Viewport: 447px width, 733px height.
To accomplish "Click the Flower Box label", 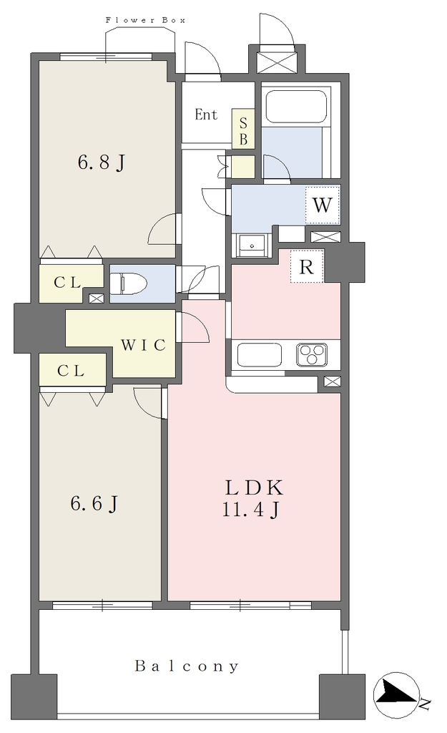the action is pos(145,20).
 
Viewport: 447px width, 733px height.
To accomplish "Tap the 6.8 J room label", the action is pos(101,162).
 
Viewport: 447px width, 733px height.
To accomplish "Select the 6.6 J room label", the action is pos(94,503).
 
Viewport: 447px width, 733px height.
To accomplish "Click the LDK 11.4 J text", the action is pos(254,498).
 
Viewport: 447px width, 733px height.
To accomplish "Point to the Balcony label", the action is pos(187,666).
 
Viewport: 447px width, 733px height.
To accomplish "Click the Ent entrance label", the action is pos(206,114).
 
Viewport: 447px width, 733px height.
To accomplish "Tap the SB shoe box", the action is pos(243,132).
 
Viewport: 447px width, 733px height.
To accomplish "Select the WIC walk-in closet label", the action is pos(143,345).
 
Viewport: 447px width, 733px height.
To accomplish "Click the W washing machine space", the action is pos(323,205).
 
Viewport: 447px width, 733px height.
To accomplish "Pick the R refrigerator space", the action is pos(306,267).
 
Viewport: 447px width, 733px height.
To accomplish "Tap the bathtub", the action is pos(296,106).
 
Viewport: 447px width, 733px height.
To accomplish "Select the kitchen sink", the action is pos(260,355).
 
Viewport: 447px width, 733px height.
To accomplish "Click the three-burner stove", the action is pos(312,355).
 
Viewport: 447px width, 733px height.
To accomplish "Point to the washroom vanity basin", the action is pos(252,245).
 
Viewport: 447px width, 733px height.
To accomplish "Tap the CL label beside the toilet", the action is pos(67,282).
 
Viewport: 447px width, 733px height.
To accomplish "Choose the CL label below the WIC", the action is pos(71,371).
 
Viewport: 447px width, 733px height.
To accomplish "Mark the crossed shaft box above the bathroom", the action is pos(277,62).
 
